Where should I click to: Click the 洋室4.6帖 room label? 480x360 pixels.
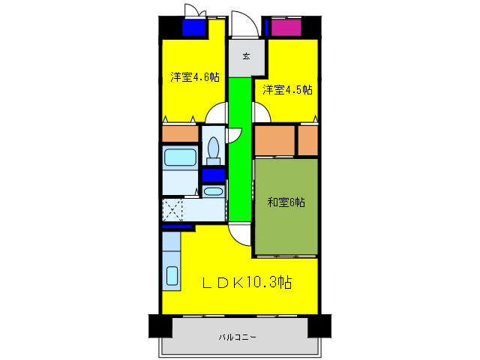(x=194, y=77)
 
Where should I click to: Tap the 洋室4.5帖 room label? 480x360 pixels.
(x=287, y=90)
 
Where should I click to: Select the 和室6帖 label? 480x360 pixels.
(x=286, y=202)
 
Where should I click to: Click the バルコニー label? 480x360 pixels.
(x=238, y=337)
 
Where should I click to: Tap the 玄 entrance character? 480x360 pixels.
(x=246, y=56)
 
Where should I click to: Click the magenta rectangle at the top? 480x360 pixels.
(x=285, y=28)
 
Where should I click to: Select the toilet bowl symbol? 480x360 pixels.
(x=213, y=148)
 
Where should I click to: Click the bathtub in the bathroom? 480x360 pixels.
(x=180, y=158)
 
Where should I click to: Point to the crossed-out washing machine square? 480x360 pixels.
(x=173, y=209)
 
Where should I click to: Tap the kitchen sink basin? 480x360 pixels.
(x=172, y=277)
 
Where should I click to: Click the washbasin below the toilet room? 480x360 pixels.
(x=213, y=191)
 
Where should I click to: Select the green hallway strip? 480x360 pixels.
(x=239, y=150)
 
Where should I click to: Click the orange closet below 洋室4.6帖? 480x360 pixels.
(x=180, y=134)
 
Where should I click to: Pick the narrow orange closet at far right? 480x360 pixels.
(x=308, y=140)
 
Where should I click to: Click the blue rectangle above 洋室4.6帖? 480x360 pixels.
(x=194, y=28)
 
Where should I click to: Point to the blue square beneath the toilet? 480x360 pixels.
(x=213, y=175)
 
